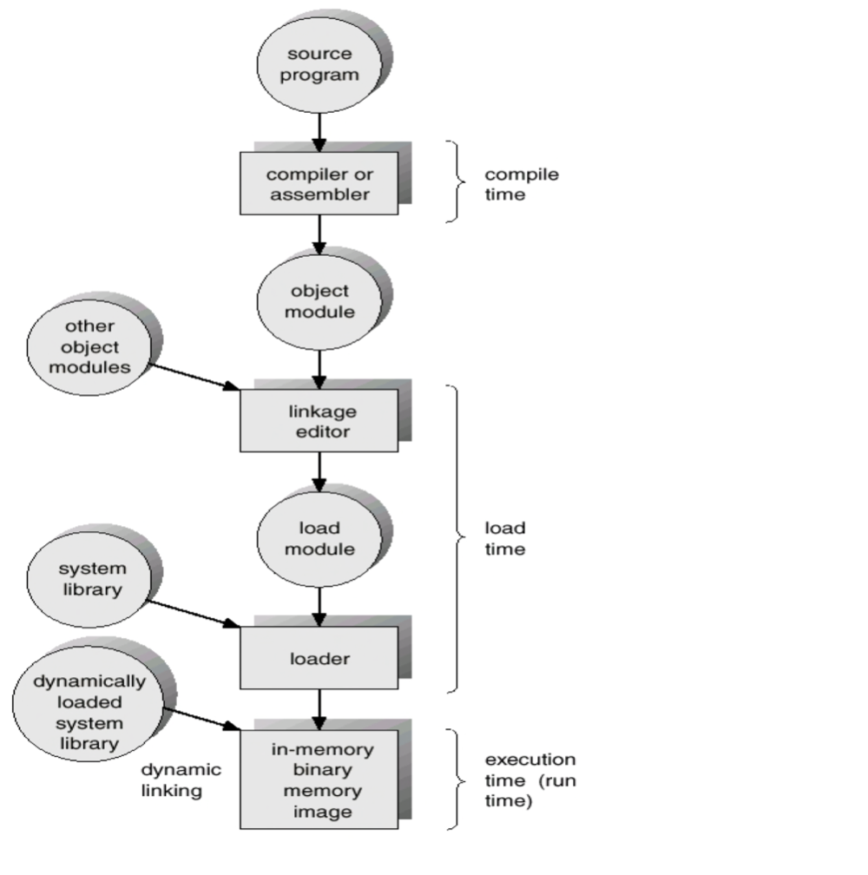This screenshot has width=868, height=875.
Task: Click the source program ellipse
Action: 321,64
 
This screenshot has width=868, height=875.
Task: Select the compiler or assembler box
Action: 319,183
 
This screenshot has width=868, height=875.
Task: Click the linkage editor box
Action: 319,420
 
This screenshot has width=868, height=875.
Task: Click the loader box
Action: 319,658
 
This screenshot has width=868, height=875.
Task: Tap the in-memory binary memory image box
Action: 319,780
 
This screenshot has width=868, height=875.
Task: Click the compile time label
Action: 509,184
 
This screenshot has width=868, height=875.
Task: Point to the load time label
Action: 505,538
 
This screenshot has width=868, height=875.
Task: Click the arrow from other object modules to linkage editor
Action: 195,376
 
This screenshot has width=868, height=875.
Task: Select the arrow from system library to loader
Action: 195,611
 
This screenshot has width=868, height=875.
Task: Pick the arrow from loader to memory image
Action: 320,703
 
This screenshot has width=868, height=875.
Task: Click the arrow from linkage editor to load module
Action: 320,471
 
